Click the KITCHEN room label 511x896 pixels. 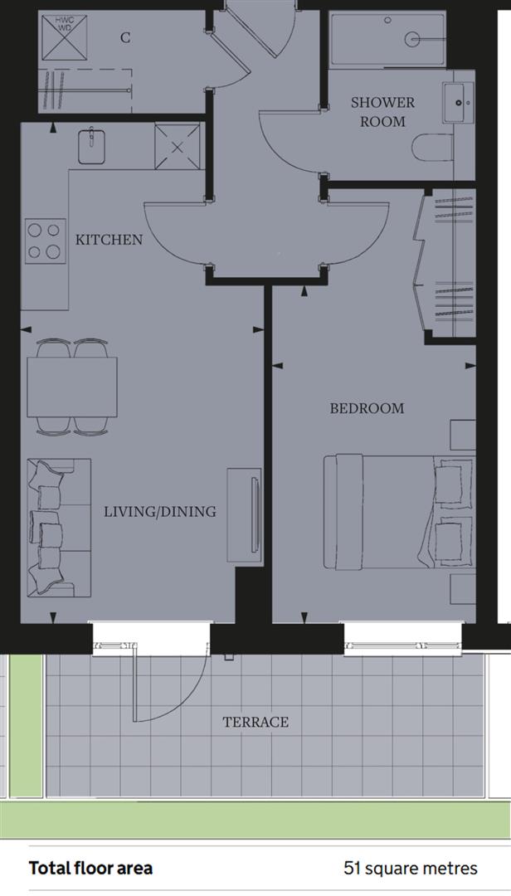(x=109, y=240)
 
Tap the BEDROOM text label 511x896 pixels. (x=367, y=408)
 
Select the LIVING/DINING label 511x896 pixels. (x=159, y=512)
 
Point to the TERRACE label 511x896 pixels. (x=255, y=722)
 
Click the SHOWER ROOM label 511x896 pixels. (x=382, y=112)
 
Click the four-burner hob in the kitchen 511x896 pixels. (x=46, y=241)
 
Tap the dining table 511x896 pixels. (x=71, y=387)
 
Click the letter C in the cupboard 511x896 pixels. (x=124, y=37)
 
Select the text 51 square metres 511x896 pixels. (x=410, y=869)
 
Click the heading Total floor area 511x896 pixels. (x=90, y=869)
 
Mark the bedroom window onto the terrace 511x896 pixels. (x=402, y=637)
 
